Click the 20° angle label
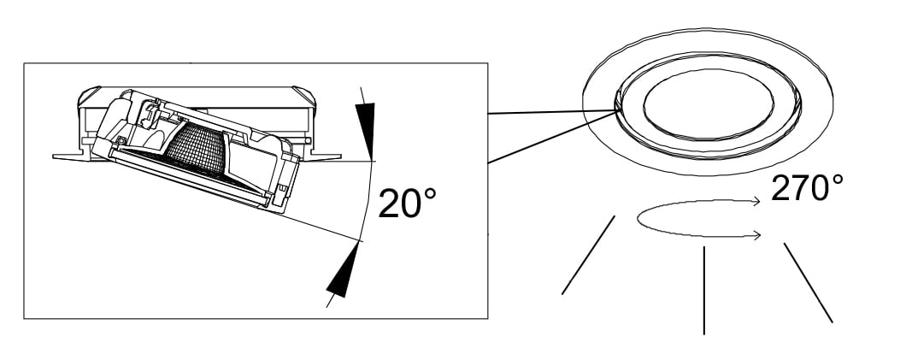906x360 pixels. [x=407, y=203]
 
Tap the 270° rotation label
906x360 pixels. [x=807, y=187]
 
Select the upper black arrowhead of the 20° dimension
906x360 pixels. [x=367, y=131]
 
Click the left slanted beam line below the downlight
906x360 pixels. [x=588, y=255]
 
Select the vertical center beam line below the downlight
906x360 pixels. [x=703, y=290]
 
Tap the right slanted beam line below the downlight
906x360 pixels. [x=809, y=282]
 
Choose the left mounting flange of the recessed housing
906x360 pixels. [x=72, y=156]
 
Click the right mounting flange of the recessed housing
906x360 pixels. [x=322, y=156]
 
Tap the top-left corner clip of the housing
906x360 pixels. [x=88, y=96]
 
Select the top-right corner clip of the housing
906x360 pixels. [x=304, y=96]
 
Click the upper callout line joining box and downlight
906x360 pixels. [x=552, y=111]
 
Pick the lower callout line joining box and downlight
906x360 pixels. [x=552, y=137]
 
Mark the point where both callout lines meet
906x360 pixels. [x=616, y=110]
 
